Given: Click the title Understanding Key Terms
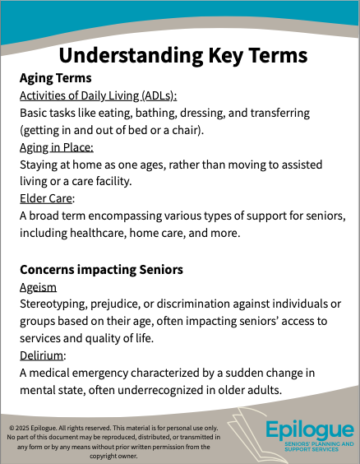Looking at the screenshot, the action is click(183, 56).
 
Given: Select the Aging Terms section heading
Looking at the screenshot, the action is click(55, 78).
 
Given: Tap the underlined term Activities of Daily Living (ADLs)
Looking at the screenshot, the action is click(98, 95).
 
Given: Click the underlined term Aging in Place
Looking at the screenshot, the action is click(56, 147).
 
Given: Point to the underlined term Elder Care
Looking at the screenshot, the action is click(46, 198).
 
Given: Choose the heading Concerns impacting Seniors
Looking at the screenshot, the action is click(100, 269).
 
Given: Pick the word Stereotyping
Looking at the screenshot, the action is click(56, 304).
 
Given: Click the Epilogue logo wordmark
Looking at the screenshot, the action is click(310, 430).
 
